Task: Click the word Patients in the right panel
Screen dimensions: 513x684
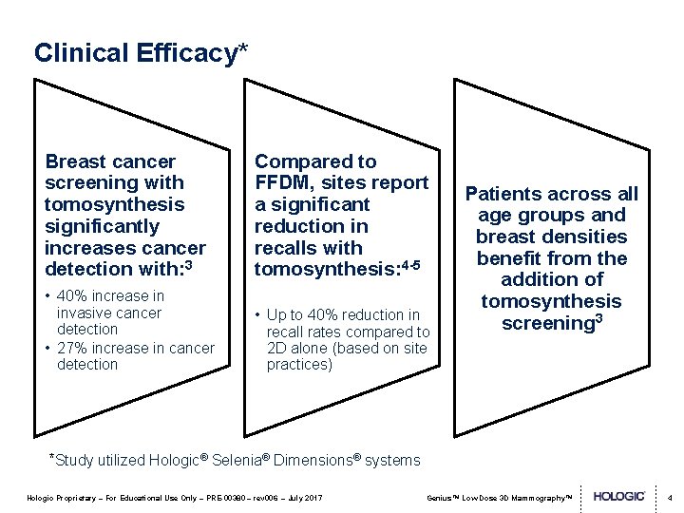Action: click(x=503, y=194)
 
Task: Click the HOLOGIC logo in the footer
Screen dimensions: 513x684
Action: click(x=619, y=497)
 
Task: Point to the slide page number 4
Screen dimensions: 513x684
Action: click(x=670, y=497)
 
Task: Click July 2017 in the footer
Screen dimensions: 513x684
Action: click(x=304, y=498)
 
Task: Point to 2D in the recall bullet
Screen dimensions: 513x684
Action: click(x=277, y=349)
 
